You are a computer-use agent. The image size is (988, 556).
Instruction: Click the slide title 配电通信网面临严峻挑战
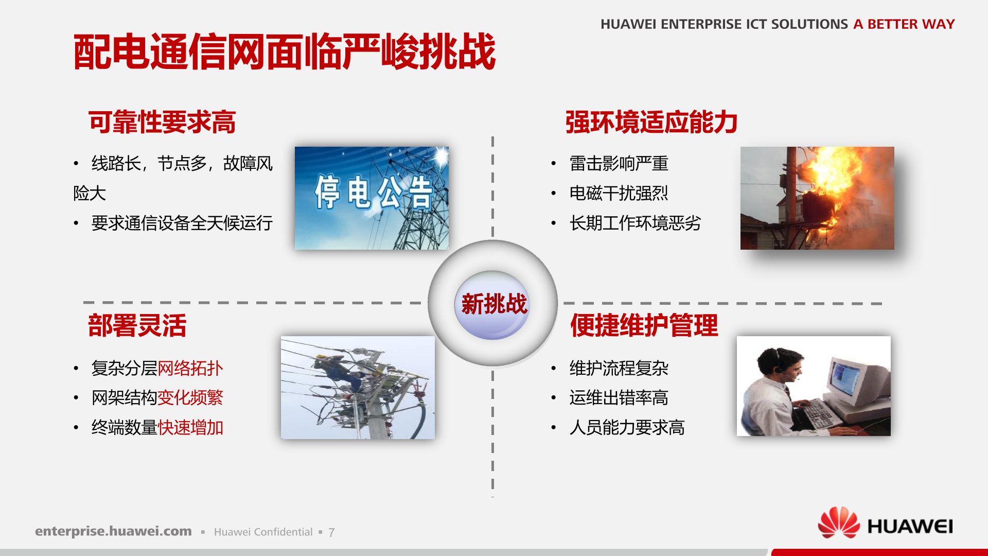pos(284,51)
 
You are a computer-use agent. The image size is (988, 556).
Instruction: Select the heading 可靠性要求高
pos(162,123)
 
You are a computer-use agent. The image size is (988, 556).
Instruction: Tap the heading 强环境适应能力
pos(651,123)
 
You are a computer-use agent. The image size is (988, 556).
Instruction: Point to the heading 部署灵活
pos(137,325)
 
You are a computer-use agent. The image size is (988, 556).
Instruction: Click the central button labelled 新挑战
pos(493,304)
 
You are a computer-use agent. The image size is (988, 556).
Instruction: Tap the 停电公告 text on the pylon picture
pos(373,193)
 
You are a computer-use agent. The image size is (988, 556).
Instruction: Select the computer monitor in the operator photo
pos(852,381)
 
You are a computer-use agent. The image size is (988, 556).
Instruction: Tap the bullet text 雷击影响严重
pos(619,164)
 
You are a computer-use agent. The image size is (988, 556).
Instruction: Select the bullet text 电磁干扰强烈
pos(619,194)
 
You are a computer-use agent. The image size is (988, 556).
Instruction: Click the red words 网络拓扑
pos(190,368)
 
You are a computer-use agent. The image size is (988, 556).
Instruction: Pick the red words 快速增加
pos(190,427)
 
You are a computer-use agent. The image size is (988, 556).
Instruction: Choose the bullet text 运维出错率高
pos(619,398)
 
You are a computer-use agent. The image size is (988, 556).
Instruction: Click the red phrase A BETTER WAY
pos(904,24)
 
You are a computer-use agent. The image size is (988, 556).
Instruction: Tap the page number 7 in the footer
pos(331,532)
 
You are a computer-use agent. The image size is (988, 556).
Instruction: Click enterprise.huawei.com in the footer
pos(113,531)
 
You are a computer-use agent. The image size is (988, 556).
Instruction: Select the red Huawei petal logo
pos(838,523)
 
